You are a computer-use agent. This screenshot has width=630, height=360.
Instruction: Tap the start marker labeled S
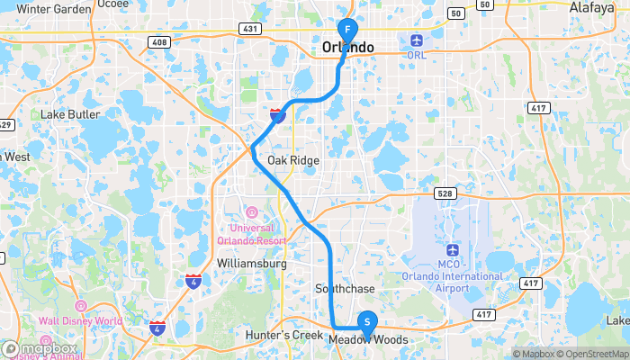click(x=367, y=321)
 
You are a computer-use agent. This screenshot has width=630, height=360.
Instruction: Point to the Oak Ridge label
click(x=293, y=160)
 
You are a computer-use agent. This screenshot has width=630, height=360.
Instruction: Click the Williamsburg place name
click(x=252, y=264)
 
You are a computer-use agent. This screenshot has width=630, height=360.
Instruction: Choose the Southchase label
click(x=338, y=288)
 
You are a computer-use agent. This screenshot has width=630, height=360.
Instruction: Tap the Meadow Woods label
click(x=367, y=339)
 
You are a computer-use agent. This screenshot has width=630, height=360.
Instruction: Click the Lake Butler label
click(x=69, y=115)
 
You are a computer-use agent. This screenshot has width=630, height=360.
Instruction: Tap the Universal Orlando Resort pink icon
click(x=251, y=213)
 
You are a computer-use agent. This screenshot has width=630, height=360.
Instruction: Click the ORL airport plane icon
click(x=415, y=40)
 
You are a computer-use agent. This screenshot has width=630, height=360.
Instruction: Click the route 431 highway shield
click(x=249, y=30)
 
